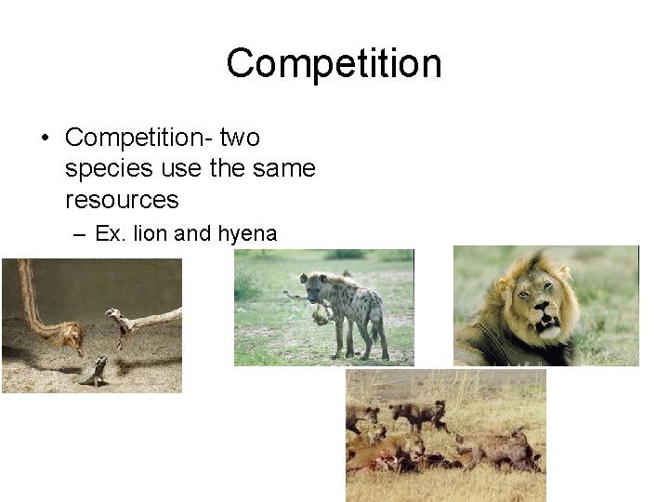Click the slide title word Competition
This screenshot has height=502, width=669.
coord(334,64)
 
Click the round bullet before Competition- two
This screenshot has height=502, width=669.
coord(44,139)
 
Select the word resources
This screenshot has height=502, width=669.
coord(122,200)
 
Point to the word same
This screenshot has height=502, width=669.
coord(281,169)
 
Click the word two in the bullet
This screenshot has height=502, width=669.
coord(240,138)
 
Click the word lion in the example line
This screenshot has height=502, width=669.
coord(151,233)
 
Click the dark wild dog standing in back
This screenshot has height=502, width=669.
coord(419,414)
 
